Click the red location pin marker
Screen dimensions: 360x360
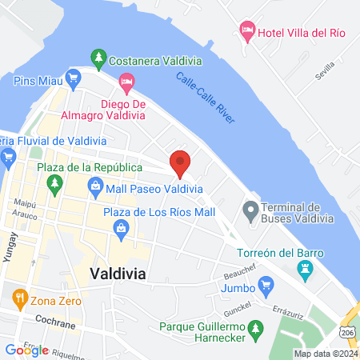181,162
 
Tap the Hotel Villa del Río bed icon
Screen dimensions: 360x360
248,31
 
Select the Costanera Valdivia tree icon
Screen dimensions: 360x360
98,58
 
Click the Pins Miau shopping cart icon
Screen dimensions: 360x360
73,78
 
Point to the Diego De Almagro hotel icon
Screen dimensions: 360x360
126,81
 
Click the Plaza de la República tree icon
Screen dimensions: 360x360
55,185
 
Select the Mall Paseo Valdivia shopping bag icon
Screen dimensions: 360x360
95,190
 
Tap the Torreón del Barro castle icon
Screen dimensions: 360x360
304,272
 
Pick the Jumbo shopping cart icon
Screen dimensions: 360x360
266,284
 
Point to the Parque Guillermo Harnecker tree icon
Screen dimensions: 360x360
255,328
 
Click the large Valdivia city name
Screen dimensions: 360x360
118,274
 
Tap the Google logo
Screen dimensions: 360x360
26,350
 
